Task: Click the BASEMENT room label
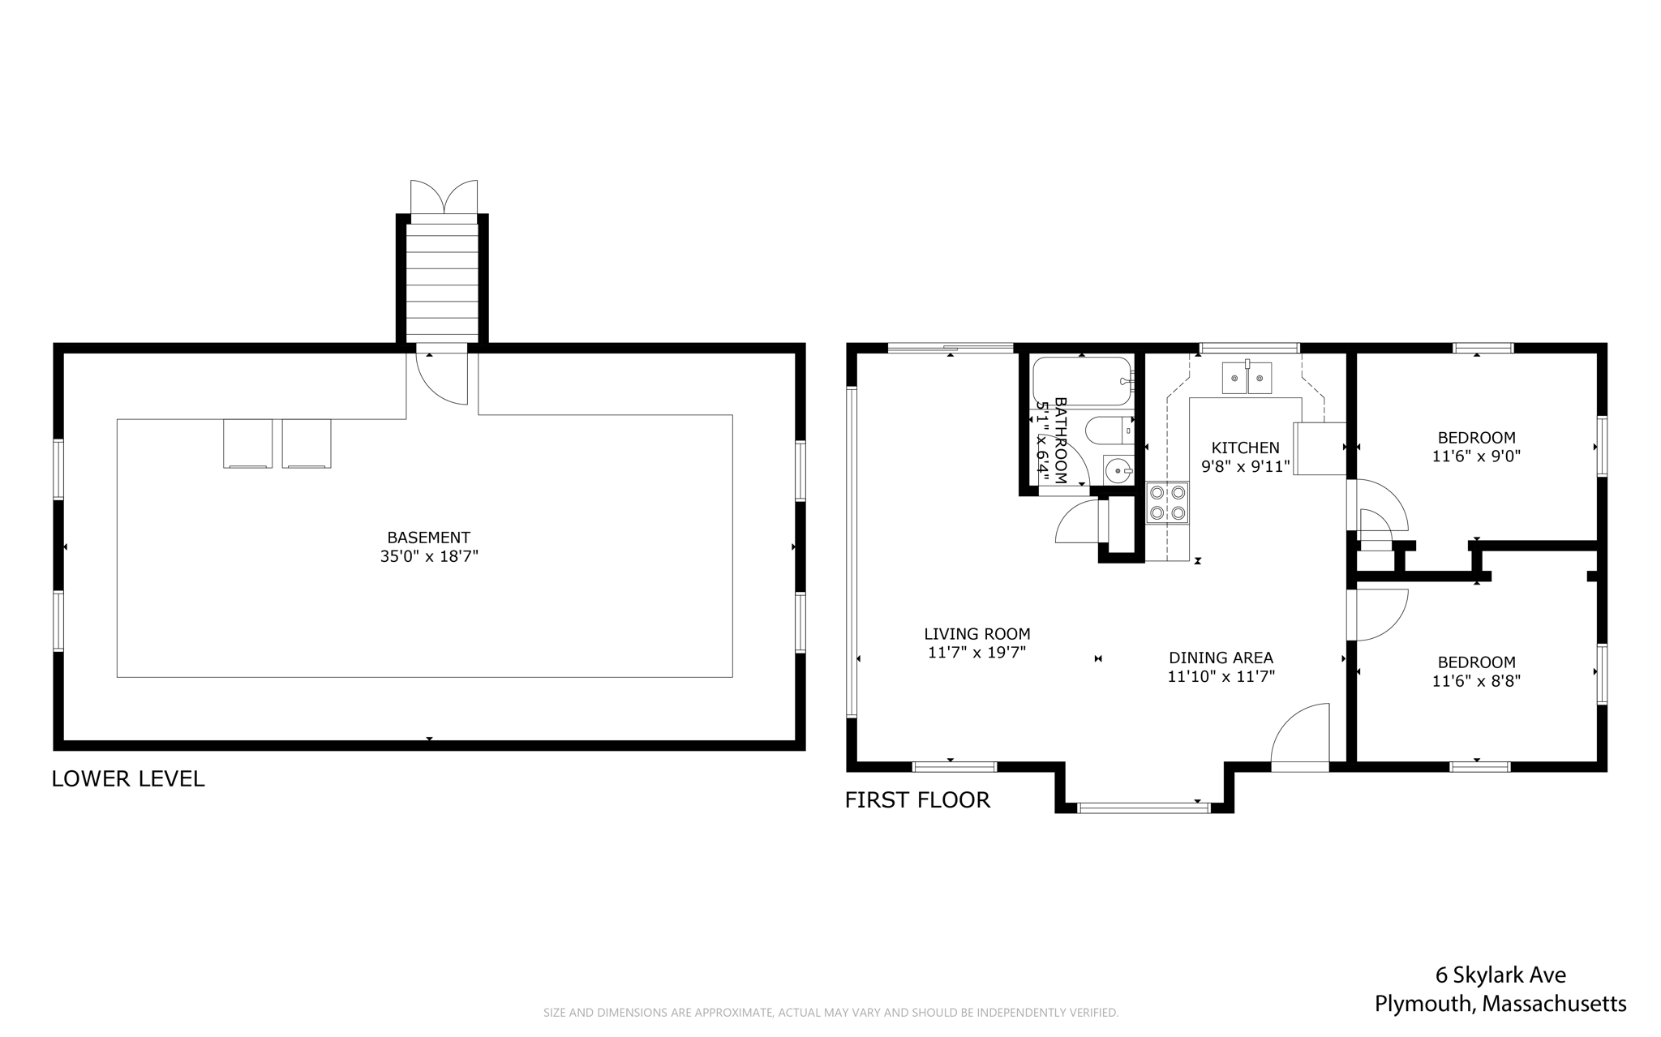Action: tap(428, 538)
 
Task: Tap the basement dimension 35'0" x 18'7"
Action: tap(429, 556)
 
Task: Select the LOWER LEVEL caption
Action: tap(128, 779)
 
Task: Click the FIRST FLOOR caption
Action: tap(917, 800)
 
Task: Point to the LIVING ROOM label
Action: tap(977, 634)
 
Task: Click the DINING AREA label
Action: tap(1221, 658)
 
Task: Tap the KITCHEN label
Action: tap(1245, 448)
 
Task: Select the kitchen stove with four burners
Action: tap(1167, 503)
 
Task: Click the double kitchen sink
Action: tap(1247, 378)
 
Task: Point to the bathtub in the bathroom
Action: tap(1082, 381)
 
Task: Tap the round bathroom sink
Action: tap(1118, 469)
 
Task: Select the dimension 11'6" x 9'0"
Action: tap(1476, 456)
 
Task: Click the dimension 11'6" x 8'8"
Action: tap(1476, 681)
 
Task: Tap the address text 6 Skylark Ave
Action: tap(1500, 975)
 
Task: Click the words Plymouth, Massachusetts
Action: tap(1500, 1004)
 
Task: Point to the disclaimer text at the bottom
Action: tap(830, 1013)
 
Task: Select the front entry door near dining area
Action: tap(1300, 737)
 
